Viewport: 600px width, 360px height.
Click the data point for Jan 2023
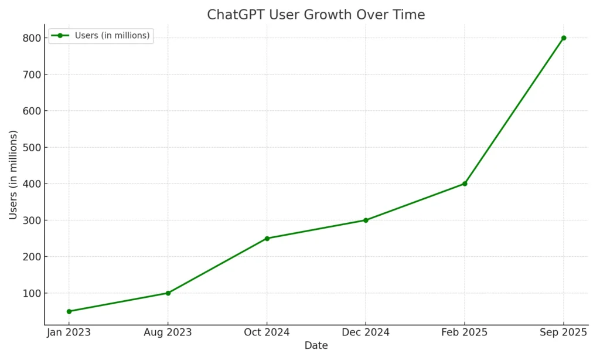(69, 311)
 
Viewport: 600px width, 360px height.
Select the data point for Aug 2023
(168, 293)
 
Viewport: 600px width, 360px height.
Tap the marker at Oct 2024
(267, 239)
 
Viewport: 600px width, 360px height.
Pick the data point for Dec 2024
(366, 220)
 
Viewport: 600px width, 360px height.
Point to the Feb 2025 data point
(465, 184)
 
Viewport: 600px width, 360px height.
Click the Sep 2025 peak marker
(564, 38)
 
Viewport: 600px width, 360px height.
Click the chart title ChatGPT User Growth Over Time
(316, 15)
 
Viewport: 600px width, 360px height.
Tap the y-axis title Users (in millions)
(13, 175)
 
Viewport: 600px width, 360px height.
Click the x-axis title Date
(316, 346)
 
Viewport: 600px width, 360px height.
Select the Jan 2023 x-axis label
(69, 332)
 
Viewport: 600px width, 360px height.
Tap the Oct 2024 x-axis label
(267, 332)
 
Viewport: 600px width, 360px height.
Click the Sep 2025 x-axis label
(564, 332)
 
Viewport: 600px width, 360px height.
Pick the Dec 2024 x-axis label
(366, 332)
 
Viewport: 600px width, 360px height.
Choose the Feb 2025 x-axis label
(465, 332)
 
